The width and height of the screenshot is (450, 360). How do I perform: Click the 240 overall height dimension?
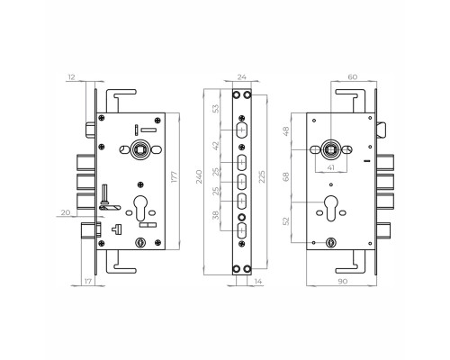[x=199, y=176]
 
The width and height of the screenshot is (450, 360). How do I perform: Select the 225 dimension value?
[x=262, y=176]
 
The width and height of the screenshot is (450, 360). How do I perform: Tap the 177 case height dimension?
[x=175, y=176]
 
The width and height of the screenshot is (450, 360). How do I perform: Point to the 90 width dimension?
[x=343, y=282]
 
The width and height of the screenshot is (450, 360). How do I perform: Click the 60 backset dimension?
[x=353, y=77]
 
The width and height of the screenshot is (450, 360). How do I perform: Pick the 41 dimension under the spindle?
[x=330, y=167]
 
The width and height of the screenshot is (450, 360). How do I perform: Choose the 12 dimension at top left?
[x=71, y=77]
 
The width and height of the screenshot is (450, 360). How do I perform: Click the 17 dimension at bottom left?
[x=88, y=282]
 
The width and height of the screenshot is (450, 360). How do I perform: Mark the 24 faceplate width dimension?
[x=242, y=77]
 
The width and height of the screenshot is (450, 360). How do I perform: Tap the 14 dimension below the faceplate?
[x=258, y=282]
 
